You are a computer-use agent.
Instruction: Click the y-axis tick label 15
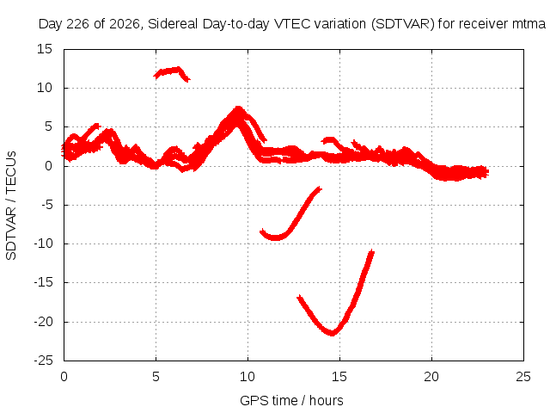(x=45, y=49)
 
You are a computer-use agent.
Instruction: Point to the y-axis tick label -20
(x=43, y=322)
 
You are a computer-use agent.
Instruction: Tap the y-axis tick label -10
(x=43, y=243)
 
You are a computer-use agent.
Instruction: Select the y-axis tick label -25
(x=43, y=361)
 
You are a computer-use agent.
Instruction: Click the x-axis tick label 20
(x=431, y=377)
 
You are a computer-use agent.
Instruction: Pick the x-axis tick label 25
(x=523, y=377)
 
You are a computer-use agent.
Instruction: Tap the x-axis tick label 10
(x=247, y=377)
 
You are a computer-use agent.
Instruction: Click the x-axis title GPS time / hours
(x=291, y=401)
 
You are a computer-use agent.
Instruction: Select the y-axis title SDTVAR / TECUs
(x=11, y=206)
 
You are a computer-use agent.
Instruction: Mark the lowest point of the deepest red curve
(x=332, y=334)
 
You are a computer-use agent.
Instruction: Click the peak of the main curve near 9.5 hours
(x=238, y=108)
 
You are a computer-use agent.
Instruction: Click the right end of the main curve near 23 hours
(x=487, y=172)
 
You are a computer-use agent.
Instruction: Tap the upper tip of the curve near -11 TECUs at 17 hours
(x=372, y=251)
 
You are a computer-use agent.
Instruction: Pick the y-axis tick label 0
(x=48, y=166)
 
